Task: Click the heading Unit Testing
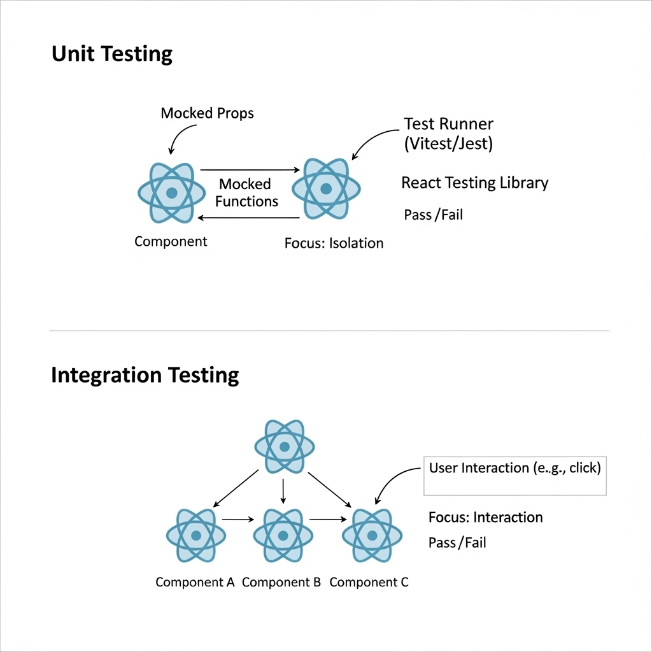(x=111, y=54)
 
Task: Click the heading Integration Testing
(x=145, y=375)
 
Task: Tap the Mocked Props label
(x=207, y=113)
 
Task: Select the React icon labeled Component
(x=171, y=192)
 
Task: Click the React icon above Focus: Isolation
(x=326, y=188)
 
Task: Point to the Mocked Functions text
(x=246, y=193)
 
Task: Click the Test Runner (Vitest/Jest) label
(x=448, y=134)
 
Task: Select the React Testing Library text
(x=474, y=183)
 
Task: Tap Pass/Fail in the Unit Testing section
(x=433, y=215)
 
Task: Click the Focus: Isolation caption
(x=334, y=243)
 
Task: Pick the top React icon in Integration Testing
(x=285, y=446)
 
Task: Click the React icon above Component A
(x=195, y=535)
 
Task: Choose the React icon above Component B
(x=283, y=535)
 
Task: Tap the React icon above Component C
(x=372, y=535)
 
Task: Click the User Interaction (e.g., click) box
(x=514, y=475)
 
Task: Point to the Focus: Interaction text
(x=485, y=517)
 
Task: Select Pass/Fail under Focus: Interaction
(x=457, y=542)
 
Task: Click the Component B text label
(x=281, y=582)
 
